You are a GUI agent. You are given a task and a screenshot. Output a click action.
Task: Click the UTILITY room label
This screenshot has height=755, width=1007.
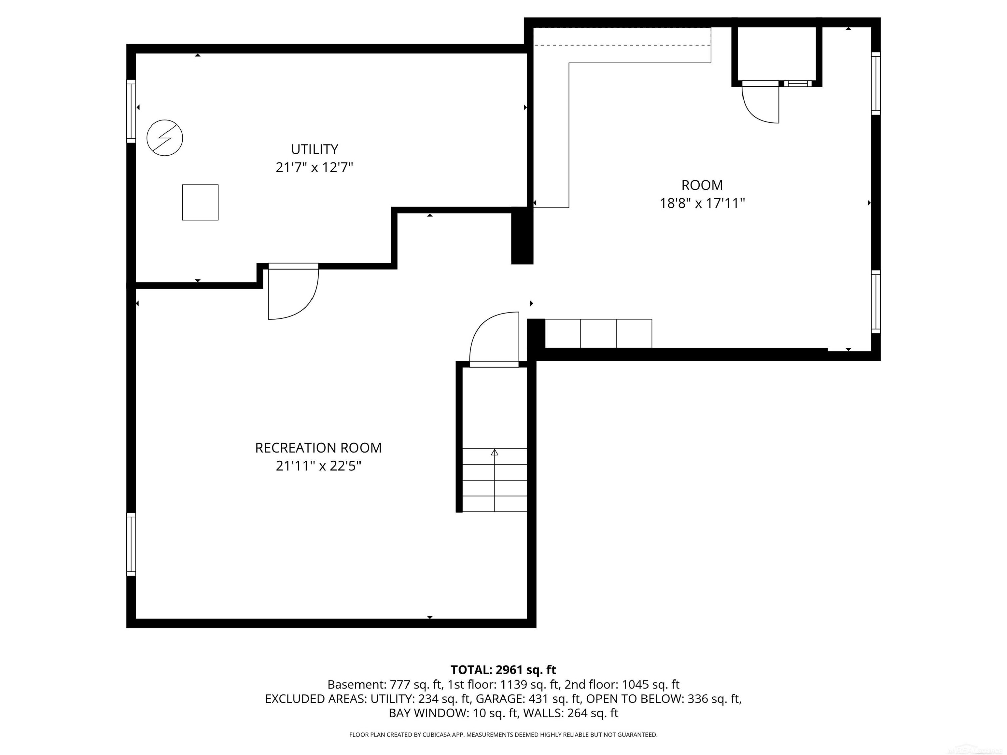(x=315, y=149)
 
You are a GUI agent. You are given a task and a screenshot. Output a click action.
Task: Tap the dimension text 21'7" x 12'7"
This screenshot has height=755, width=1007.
(x=315, y=168)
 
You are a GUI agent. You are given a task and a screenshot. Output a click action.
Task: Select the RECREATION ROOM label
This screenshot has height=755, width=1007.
(x=318, y=448)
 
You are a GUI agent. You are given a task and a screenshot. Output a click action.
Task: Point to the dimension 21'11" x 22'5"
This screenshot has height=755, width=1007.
(x=318, y=466)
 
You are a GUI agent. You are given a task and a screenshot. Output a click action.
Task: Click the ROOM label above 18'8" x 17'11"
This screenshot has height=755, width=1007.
(x=702, y=185)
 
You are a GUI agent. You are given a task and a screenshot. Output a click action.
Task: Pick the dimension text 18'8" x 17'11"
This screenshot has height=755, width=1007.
(x=702, y=203)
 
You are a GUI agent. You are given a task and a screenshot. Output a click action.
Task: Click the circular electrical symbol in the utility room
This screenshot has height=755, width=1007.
(x=165, y=138)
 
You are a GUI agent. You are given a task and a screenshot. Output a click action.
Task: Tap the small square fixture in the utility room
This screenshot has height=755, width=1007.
(x=200, y=203)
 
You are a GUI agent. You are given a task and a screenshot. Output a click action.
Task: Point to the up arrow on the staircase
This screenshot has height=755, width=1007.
(x=495, y=452)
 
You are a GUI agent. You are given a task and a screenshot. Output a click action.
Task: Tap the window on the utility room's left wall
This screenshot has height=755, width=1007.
(x=131, y=111)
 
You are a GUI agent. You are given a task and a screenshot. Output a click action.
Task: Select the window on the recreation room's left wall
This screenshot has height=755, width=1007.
(x=131, y=544)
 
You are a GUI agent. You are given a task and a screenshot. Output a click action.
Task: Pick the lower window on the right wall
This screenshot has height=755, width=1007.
(x=876, y=302)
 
